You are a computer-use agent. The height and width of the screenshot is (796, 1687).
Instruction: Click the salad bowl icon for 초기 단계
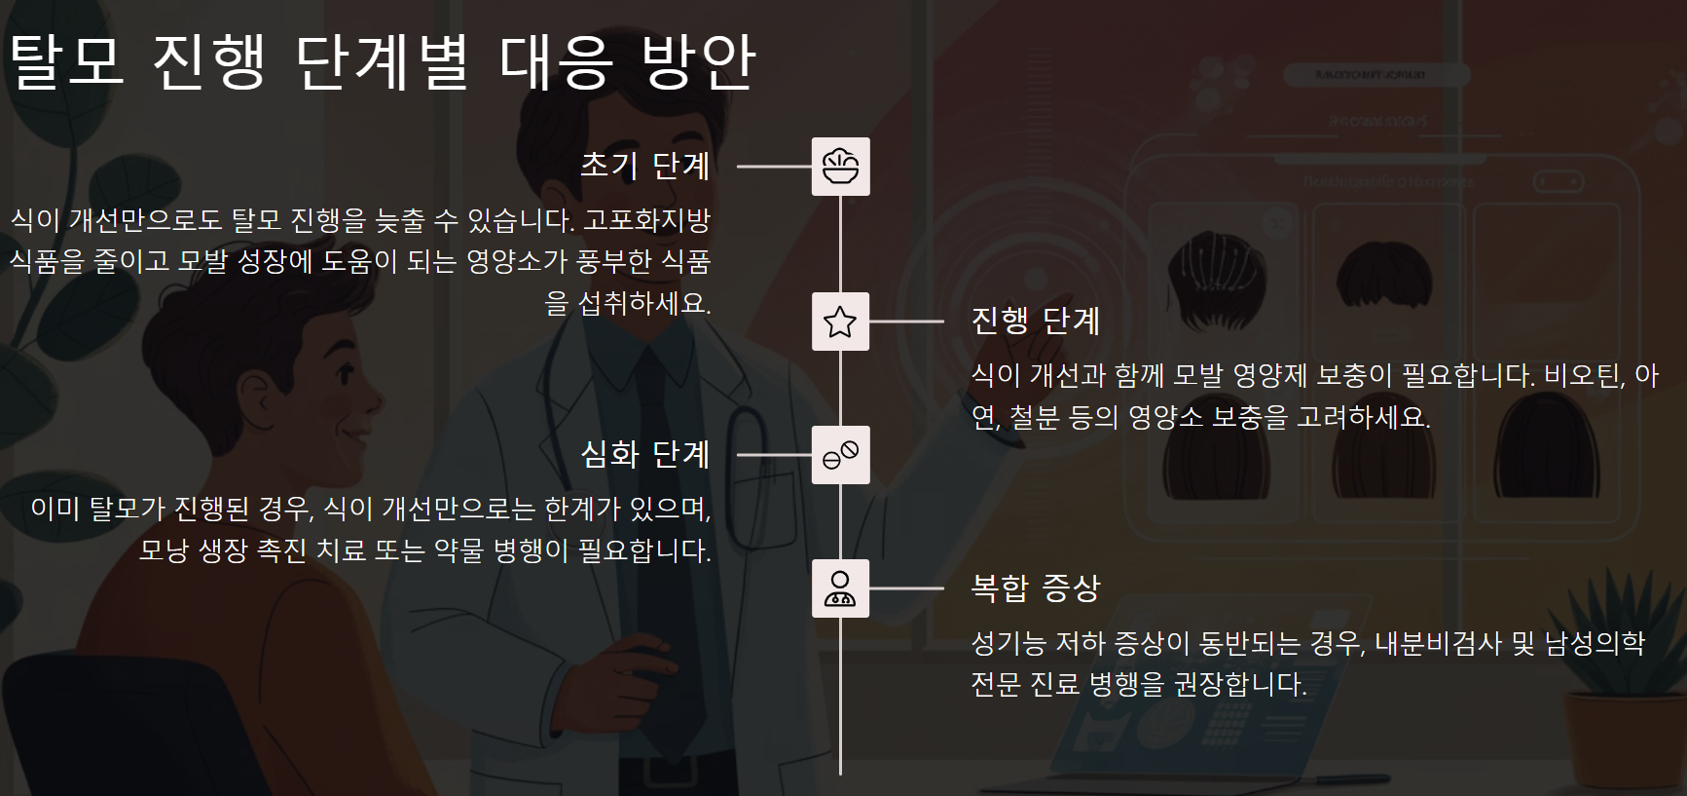pos(840,167)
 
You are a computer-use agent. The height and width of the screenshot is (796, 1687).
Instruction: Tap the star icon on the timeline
pos(840,322)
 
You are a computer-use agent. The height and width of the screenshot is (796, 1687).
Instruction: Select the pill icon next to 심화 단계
pos(840,455)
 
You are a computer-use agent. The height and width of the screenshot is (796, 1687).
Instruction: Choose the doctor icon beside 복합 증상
pos(840,588)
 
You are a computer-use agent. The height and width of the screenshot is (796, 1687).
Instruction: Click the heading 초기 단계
pos(644,167)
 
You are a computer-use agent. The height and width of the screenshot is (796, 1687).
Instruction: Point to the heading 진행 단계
pos(1036,322)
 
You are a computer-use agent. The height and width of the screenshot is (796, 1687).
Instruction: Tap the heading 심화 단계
pos(644,455)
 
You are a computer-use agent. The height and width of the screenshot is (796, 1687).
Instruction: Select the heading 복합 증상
pos(1036,588)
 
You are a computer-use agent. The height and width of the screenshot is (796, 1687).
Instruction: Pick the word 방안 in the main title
pos(698,60)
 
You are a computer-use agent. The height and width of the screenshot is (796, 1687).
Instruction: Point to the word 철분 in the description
pos(1034,418)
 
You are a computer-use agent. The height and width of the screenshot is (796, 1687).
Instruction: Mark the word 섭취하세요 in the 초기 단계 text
pos(643,303)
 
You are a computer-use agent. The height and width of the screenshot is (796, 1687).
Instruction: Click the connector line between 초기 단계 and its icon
pos(774,167)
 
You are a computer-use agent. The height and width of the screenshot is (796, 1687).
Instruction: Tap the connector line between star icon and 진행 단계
pos(906,322)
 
